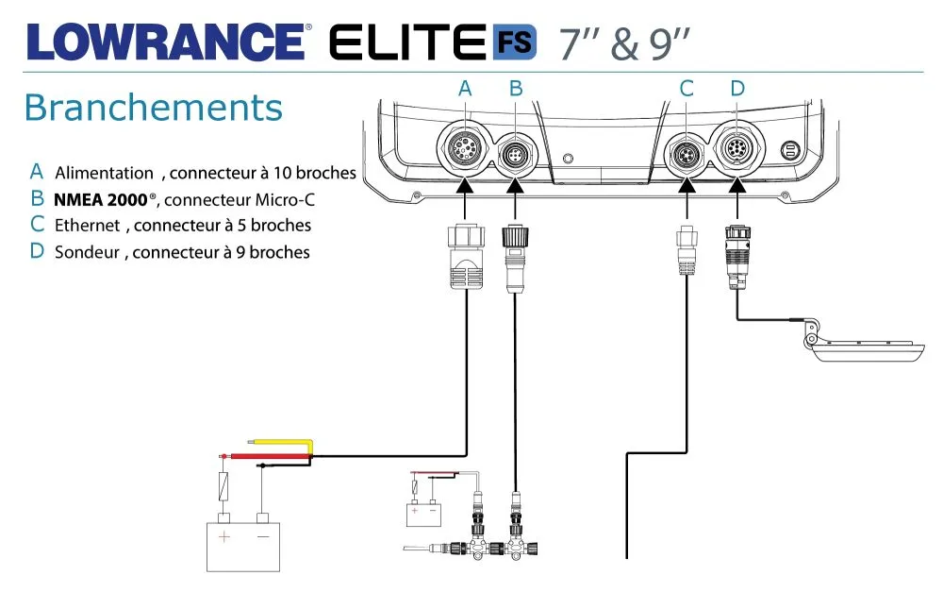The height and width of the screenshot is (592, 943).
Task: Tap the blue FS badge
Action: pos(514,42)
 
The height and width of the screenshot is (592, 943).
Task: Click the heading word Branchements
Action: pos(153,108)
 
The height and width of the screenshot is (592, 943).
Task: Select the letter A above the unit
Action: pos(464,89)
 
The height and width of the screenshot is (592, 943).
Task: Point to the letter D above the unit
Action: pos(737,89)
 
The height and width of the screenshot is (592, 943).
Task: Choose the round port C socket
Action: pos(687,152)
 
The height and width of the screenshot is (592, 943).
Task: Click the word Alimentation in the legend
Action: pos(104,173)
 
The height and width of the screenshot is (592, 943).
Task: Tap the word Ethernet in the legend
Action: pos(88,226)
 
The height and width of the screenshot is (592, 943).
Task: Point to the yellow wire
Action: pos(282,441)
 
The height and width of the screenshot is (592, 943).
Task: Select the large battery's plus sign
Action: pos(224,537)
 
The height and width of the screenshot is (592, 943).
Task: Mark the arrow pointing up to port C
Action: pos(687,188)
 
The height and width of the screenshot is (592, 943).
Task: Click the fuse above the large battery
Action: pos(224,488)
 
